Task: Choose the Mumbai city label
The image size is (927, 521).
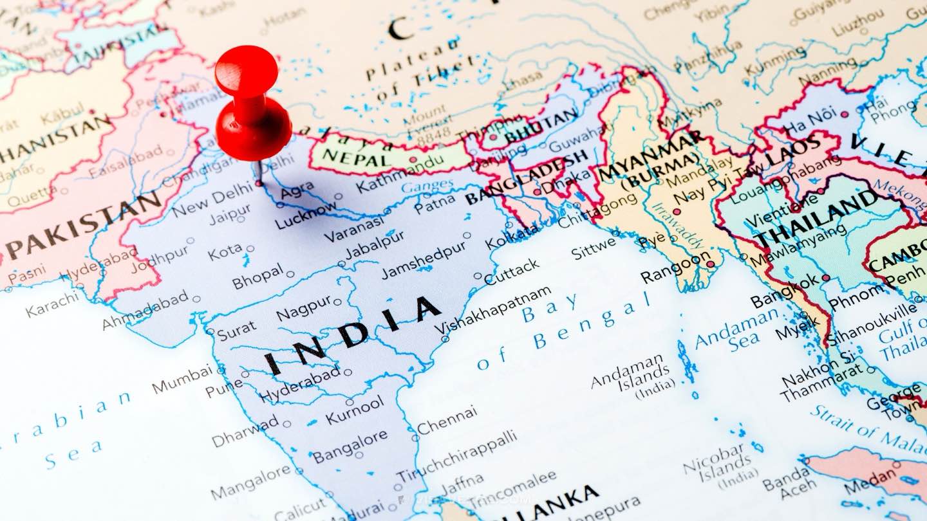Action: (182, 379)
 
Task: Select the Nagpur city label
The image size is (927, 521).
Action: (304, 309)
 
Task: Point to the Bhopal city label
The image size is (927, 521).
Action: (257, 278)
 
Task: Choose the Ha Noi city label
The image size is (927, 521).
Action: (810, 122)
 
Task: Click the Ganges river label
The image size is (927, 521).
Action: (427, 187)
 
